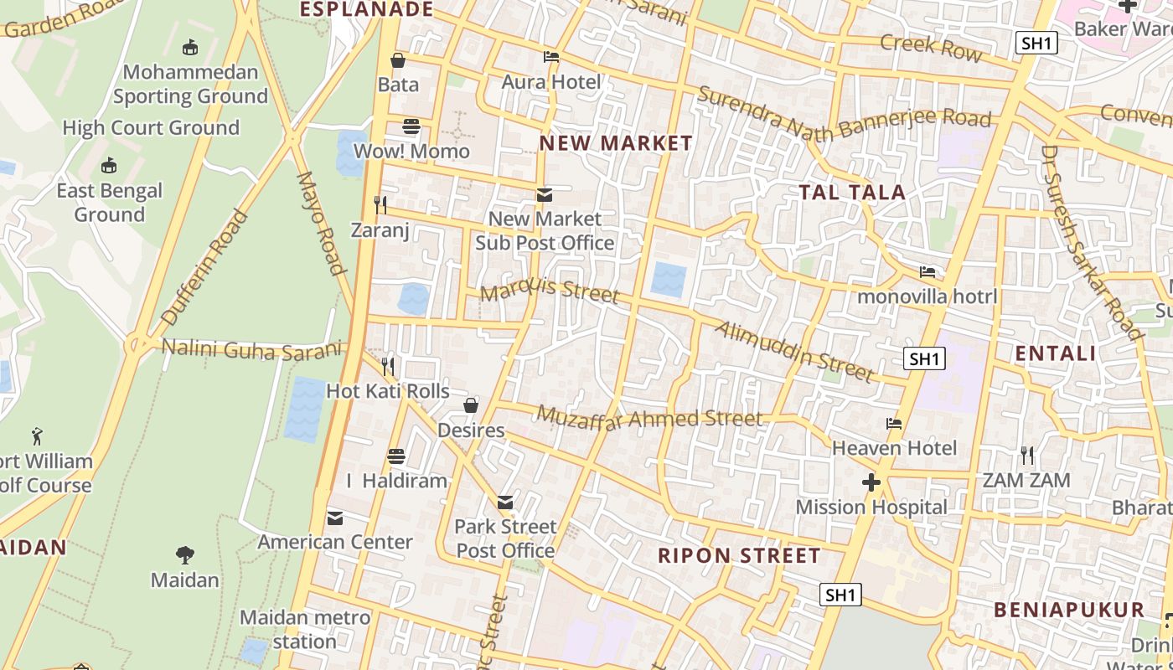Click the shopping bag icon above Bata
(x=398, y=60)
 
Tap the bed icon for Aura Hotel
(x=551, y=57)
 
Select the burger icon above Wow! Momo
(x=411, y=126)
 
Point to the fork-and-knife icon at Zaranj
(x=380, y=204)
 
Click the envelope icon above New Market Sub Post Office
(x=545, y=195)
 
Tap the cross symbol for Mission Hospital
(x=871, y=482)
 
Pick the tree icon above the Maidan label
(x=184, y=554)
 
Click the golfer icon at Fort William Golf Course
(x=37, y=436)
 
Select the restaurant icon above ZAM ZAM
(x=1027, y=456)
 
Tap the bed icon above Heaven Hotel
(x=894, y=424)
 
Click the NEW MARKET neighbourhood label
(x=616, y=143)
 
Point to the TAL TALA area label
(x=852, y=193)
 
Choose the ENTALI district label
(x=1056, y=353)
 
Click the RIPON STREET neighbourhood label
(x=739, y=556)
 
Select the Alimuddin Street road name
(x=794, y=350)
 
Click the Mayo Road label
(x=322, y=223)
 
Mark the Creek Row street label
(x=931, y=47)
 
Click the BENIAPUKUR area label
(x=1069, y=610)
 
